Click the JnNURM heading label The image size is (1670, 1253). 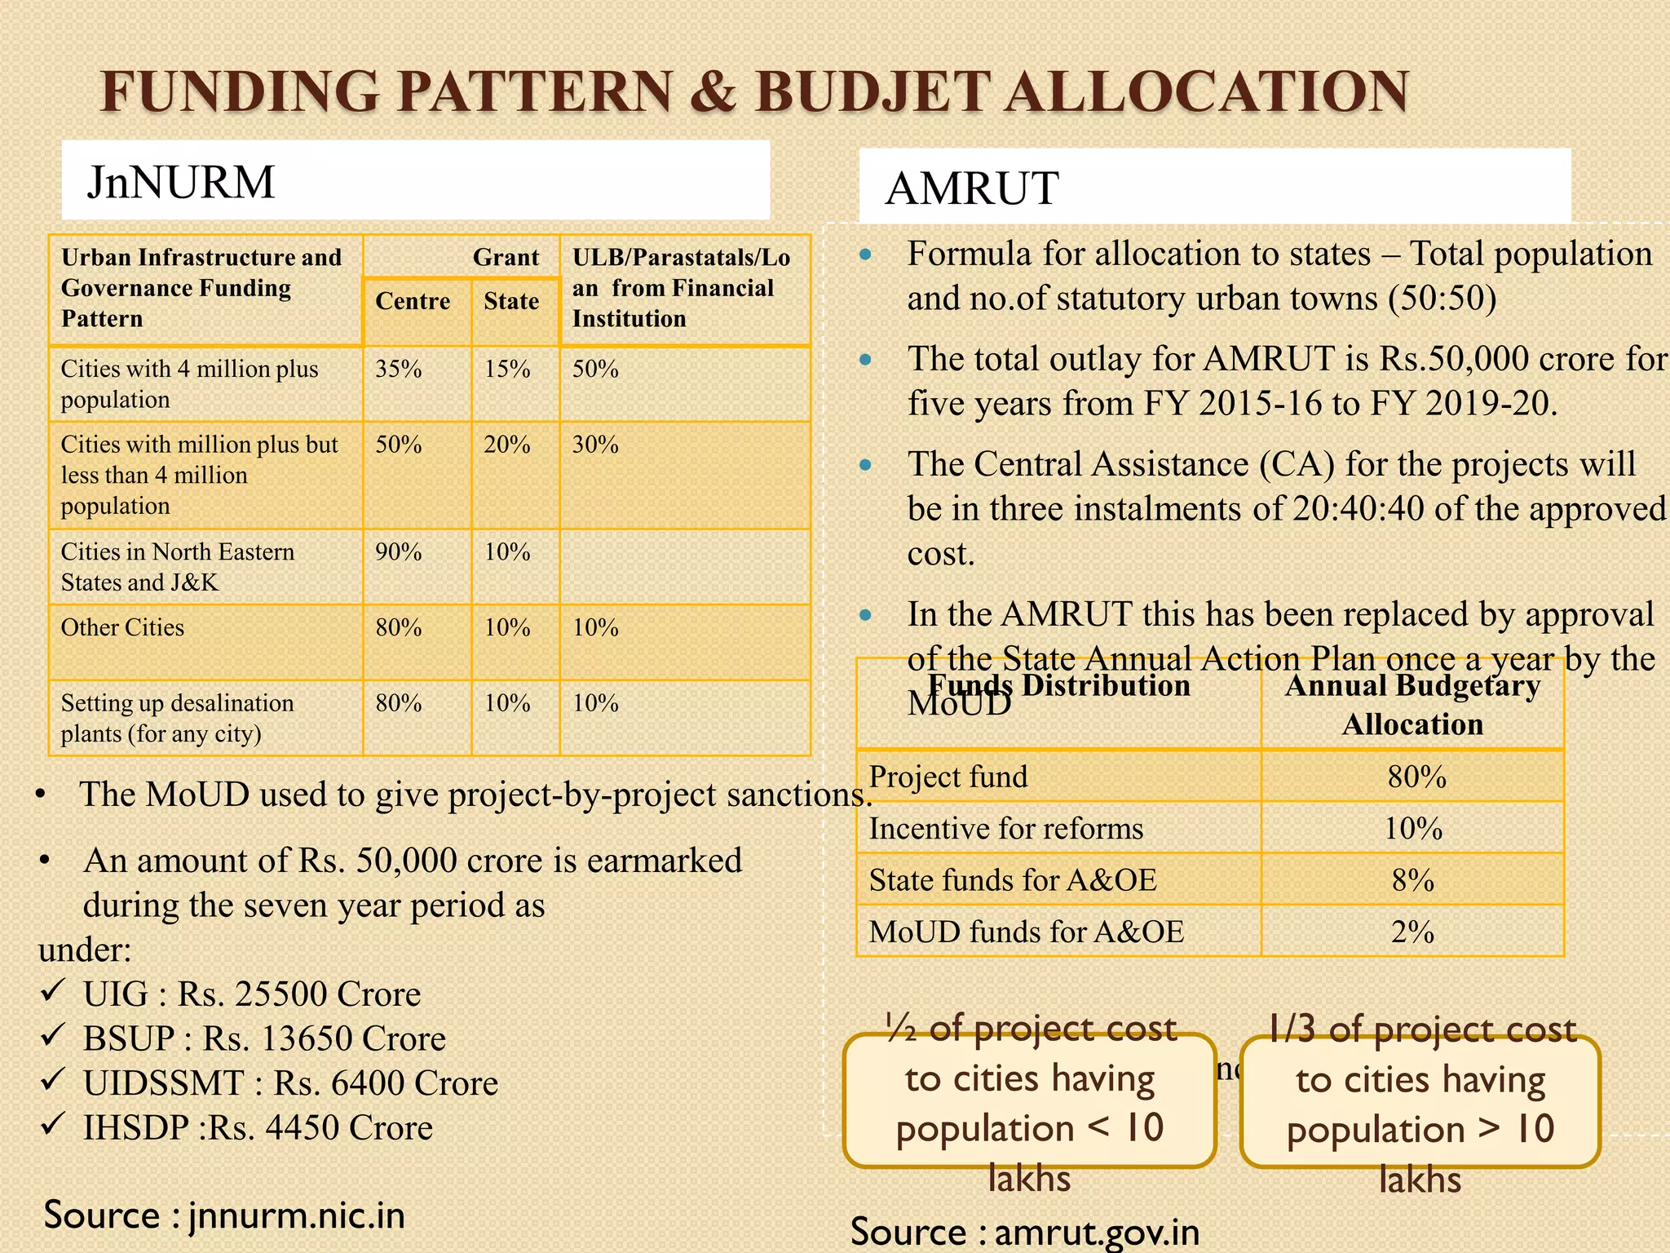pos(181,182)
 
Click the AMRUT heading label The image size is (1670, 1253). pos(971,188)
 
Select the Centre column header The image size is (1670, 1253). pos(413,302)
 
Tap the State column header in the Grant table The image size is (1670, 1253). pos(511,302)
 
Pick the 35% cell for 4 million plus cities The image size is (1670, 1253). pos(399,370)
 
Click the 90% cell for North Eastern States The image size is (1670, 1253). pos(399,552)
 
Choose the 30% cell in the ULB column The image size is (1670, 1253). pos(595,445)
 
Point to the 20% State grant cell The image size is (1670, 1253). pos(507,445)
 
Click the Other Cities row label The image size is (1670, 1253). pos(122,628)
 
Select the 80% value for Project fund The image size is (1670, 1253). pos(1416,777)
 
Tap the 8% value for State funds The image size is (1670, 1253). pos(1413,881)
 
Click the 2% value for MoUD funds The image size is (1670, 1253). pos(1413,932)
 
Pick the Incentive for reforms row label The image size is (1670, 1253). pos(1006,830)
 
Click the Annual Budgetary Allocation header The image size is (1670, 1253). pos(1412,705)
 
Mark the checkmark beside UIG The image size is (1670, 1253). pos(53,991)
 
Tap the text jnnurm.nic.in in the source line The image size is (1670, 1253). pos(297,1215)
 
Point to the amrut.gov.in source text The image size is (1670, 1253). pos(1097,1233)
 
